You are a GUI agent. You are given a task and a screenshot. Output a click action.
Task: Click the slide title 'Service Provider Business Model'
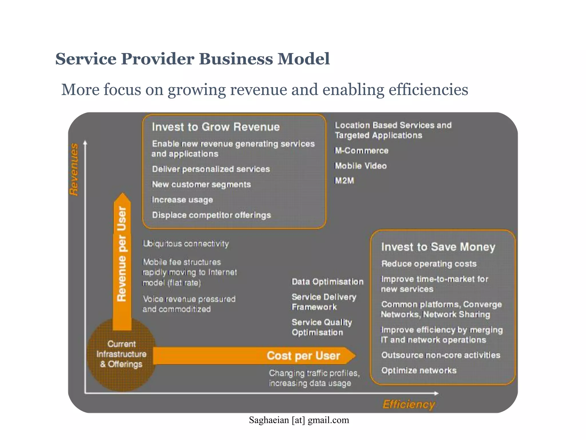[192, 59]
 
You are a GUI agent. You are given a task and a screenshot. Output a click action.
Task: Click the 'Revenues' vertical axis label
[74, 170]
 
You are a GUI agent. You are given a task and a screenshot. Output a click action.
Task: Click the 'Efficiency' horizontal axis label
[409, 404]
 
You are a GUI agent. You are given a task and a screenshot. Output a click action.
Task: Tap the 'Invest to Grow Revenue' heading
[216, 127]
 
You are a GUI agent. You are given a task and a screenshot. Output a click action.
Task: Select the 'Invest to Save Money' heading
[438, 247]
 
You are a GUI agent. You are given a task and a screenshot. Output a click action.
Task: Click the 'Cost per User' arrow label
[303, 356]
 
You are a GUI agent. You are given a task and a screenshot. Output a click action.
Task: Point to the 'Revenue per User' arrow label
[122, 254]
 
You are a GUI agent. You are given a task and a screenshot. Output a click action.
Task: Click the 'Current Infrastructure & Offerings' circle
[121, 354]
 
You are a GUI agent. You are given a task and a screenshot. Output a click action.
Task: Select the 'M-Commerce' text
[362, 151]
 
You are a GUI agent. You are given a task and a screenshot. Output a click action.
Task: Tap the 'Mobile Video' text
[361, 166]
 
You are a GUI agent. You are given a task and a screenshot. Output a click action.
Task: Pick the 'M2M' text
[345, 181]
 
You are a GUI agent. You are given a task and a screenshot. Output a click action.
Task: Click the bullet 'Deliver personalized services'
[211, 169]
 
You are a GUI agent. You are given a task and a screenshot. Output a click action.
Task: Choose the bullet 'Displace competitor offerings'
[211, 215]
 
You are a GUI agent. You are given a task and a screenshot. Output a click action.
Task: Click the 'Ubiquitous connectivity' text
[186, 244]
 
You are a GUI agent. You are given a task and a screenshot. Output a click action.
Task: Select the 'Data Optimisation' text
[327, 282]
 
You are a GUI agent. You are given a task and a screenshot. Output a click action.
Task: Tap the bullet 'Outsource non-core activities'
[441, 355]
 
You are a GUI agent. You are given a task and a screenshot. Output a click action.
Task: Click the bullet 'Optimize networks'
[419, 370]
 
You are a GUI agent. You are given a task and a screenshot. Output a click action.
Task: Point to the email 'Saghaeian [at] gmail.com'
[299, 420]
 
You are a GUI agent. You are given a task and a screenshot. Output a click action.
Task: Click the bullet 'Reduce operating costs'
[429, 264]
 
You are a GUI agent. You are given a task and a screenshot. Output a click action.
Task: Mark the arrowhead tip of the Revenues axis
[85, 141]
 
